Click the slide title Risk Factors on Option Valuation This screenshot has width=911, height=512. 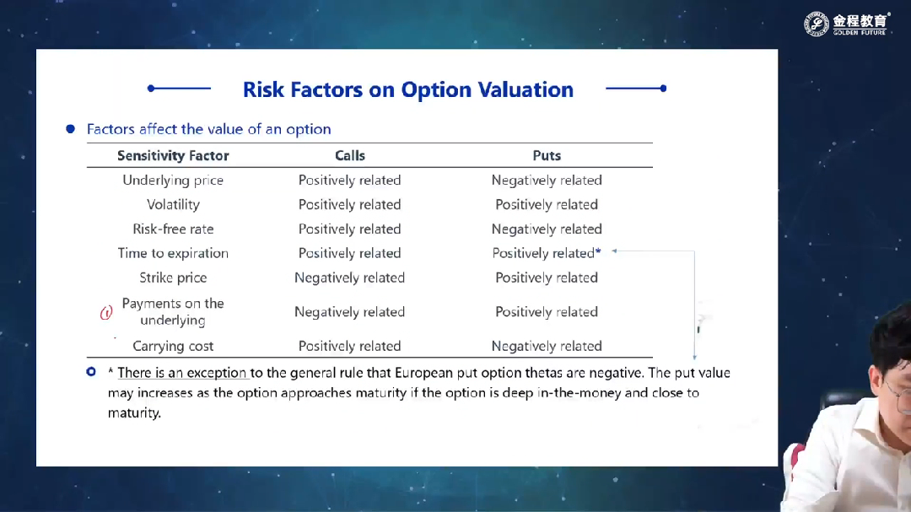(408, 89)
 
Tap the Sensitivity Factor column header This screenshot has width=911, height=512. (173, 156)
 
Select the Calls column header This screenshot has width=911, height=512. (350, 156)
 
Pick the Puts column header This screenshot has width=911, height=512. (547, 156)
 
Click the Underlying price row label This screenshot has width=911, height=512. (173, 181)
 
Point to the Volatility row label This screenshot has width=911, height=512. (173, 205)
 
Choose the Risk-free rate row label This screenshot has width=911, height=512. (173, 229)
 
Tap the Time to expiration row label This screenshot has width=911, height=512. (173, 253)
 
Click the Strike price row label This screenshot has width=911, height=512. (173, 278)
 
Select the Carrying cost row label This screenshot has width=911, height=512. (173, 347)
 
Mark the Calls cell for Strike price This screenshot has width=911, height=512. (350, 278)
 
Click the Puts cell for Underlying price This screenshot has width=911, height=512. (547, 181)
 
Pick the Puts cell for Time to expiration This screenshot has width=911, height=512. (547, 253)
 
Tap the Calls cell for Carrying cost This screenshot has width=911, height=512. (350, 347)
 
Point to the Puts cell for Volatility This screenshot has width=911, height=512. (547, 205)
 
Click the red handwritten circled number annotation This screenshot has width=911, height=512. (105, 313)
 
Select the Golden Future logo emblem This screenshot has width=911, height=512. (817, 24)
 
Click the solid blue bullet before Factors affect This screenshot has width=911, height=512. (70, 129)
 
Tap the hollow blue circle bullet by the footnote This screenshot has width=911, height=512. (91, 371)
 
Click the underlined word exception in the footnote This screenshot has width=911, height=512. (216, 373)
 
